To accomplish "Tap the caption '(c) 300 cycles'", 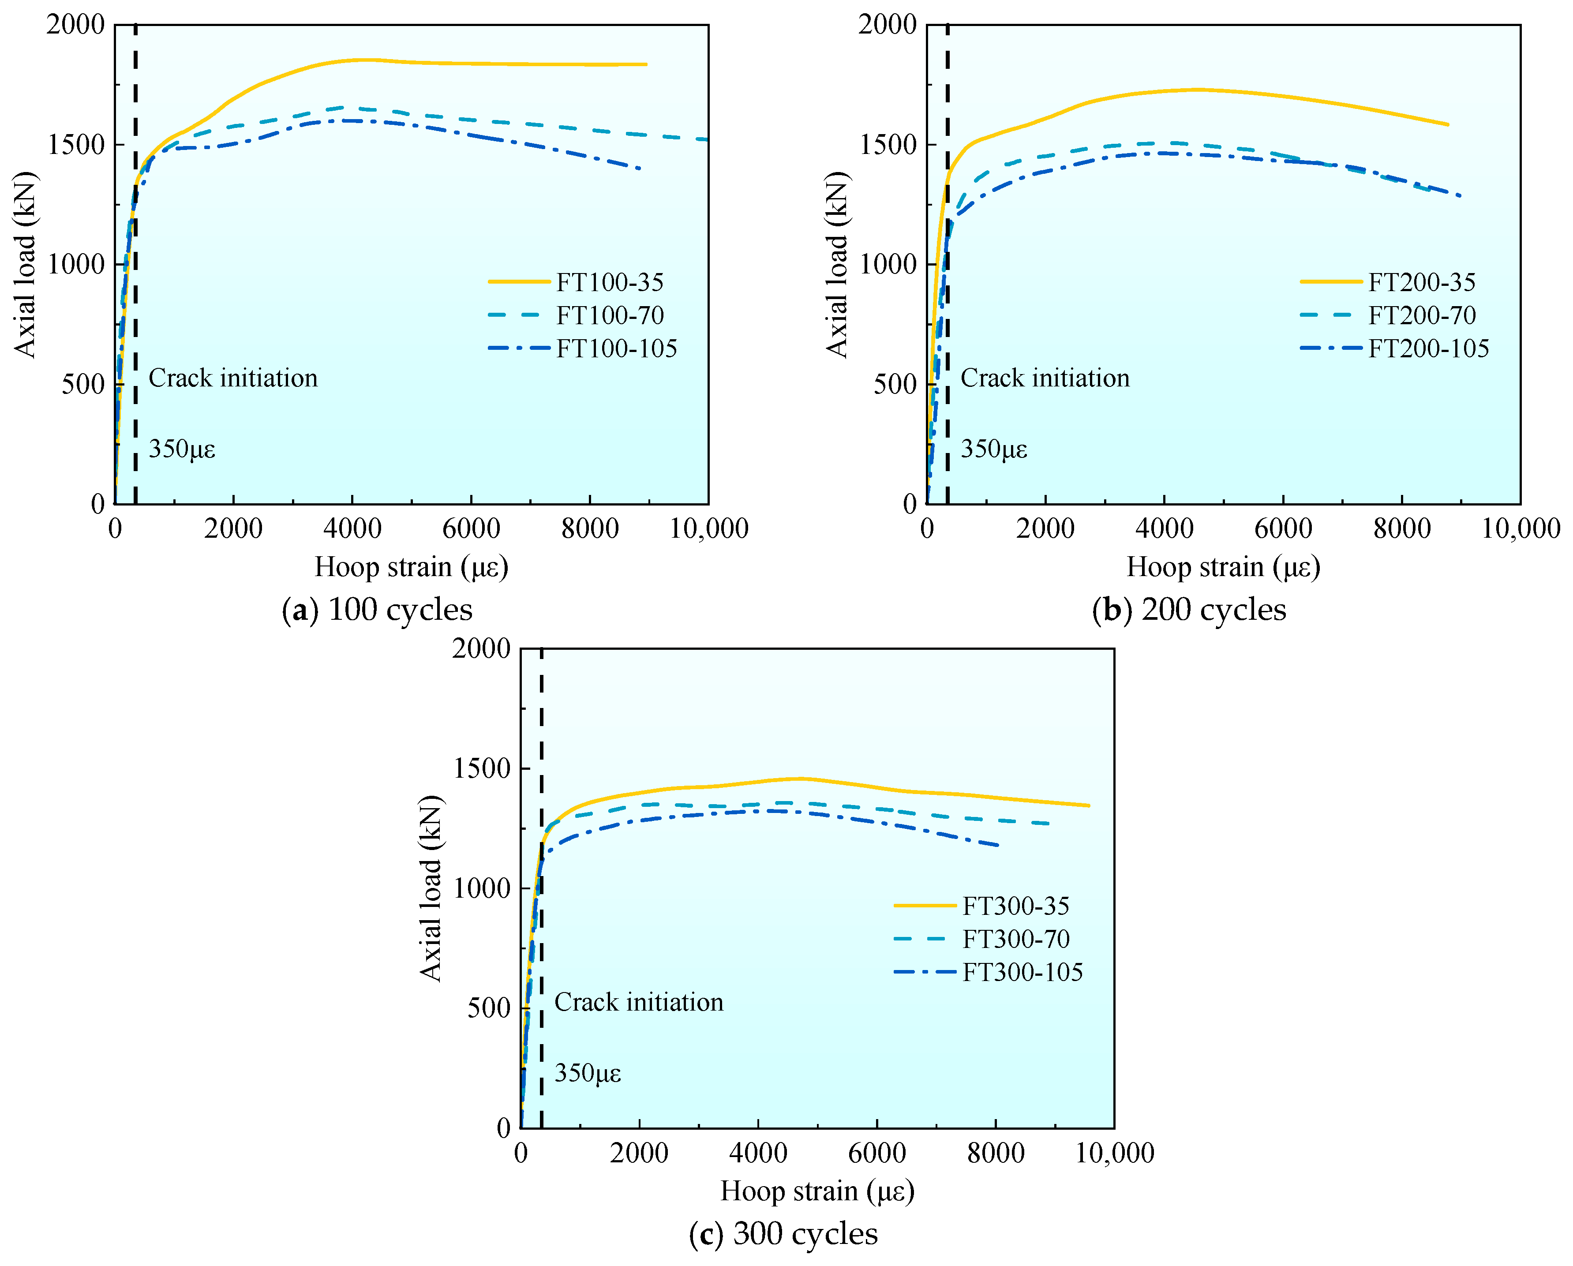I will (783, 1234).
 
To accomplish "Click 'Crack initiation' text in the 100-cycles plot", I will (233, 378).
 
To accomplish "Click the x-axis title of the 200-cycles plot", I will (1223, 567).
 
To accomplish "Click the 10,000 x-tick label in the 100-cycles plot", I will (708, 528).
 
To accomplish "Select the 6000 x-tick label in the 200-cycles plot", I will (1283, 528).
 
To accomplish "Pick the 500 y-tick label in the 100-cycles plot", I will (83, 384).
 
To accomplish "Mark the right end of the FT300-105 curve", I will (997, 846).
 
